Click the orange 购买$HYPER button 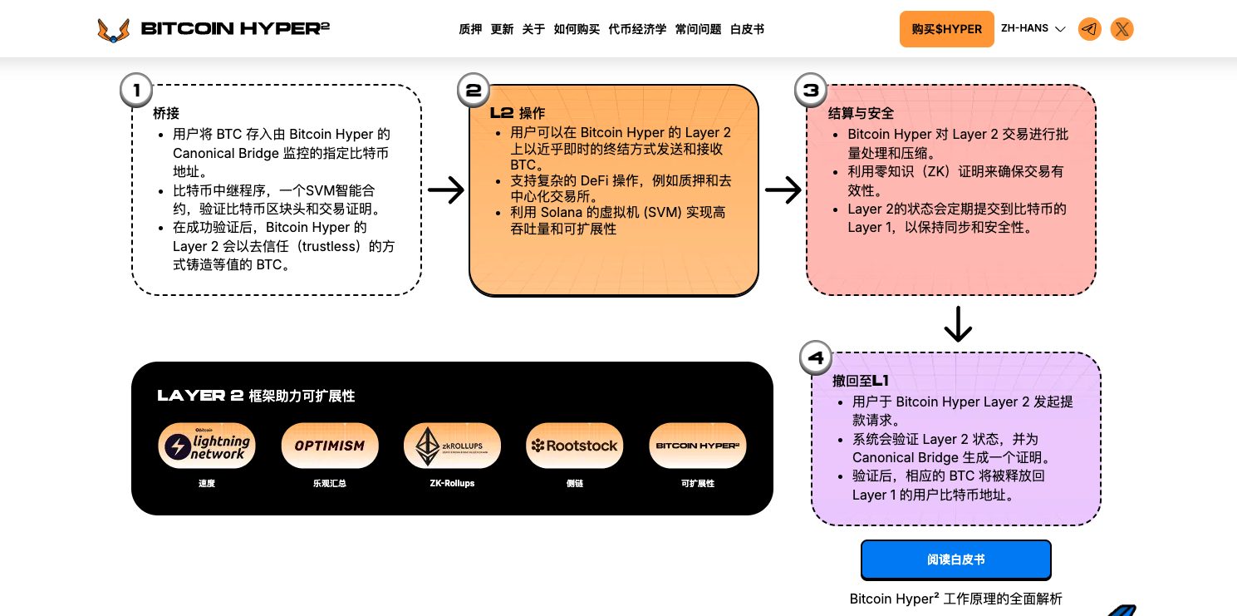[946, 29]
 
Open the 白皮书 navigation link [747, 29]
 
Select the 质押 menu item [470, 29]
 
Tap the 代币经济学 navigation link [637, 29]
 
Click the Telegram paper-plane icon [1089, 29]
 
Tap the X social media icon [1122, 29]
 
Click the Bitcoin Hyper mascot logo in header [114, 30]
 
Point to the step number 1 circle [136, 90]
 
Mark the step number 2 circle [474, 90]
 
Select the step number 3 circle [811, 90]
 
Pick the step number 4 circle [816, 358]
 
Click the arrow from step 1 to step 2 [446, 190]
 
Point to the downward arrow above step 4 [958, 324]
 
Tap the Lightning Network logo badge [207, 446]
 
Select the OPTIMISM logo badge [330, 446]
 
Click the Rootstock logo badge [575, 446]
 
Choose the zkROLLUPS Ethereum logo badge [452, 446]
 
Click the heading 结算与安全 [861, 113]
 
